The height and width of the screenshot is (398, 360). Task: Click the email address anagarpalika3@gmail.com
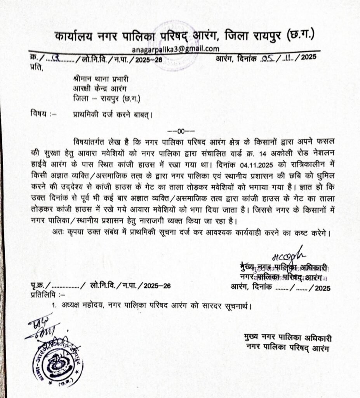tap(176, 49)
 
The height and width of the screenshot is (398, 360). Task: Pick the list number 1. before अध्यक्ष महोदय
tap(55, 305)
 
